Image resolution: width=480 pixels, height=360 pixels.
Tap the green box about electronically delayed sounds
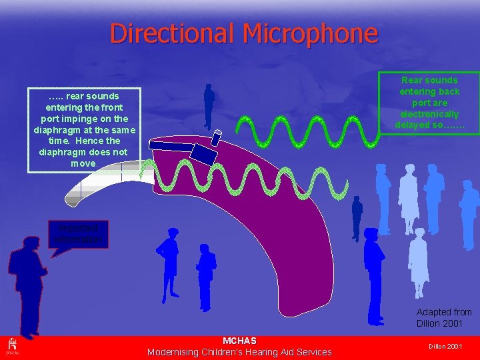(429, 103)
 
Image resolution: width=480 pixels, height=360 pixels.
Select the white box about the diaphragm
(84, 130)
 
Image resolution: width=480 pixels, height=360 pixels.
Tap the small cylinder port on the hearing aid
(216, 138)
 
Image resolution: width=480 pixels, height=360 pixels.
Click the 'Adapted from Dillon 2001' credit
(443, 317)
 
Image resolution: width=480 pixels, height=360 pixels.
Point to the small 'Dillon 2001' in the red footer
(445, 347)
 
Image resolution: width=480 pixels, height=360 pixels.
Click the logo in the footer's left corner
(11, 345)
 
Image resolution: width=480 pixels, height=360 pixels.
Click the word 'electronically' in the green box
(429, 114)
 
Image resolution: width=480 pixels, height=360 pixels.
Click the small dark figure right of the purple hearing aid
(357, 217)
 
